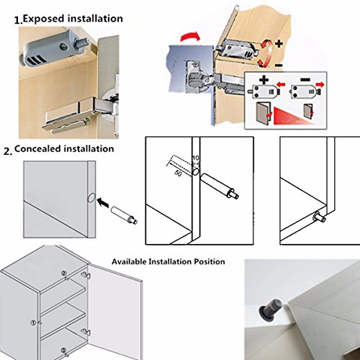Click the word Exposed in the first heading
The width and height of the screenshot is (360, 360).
tap(43, 19)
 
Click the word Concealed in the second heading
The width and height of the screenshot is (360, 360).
tap(37, 149)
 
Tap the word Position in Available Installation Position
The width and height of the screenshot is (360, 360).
tap(210, 261)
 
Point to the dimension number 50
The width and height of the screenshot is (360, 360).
tap(178, 173)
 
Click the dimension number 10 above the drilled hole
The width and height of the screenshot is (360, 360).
tap(196, 158)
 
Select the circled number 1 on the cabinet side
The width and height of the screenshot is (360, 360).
tap(33, 323)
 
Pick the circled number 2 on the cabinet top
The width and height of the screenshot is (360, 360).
tap(64, 273)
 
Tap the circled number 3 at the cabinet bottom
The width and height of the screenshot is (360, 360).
tap(63, 350)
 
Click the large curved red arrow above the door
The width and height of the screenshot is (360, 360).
tap(189, 37)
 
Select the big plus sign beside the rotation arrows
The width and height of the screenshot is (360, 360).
tap(279, 44)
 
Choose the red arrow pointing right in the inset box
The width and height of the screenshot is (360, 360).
tap(320, 84)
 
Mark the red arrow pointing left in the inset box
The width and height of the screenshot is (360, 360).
tap(281, 84)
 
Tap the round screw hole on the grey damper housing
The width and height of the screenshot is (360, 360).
tap(64, 45)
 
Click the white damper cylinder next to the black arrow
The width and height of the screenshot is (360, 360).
tap(124, 214)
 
